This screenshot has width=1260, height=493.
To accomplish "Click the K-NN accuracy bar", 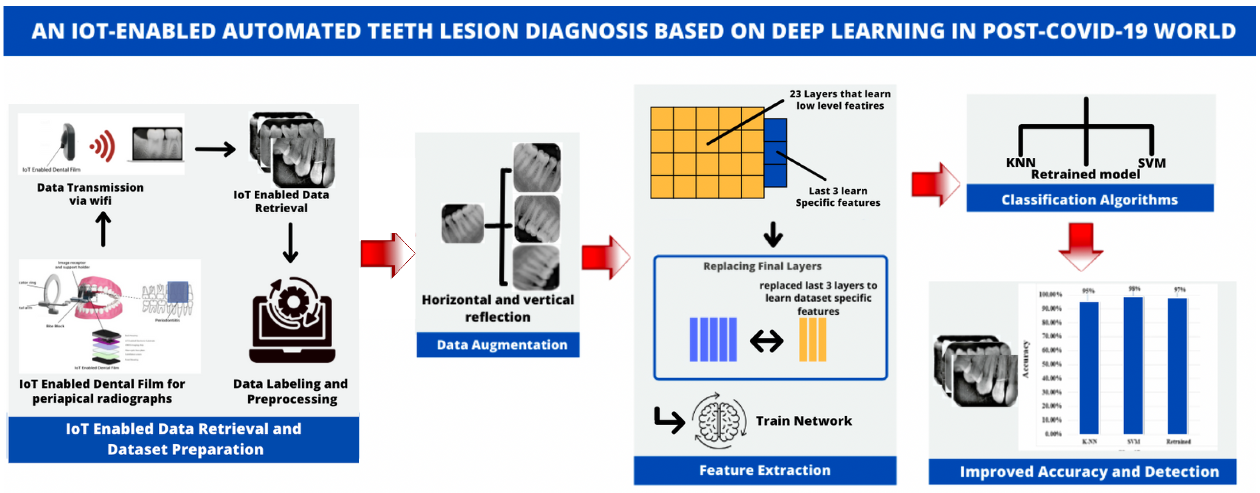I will tap(1089, 367).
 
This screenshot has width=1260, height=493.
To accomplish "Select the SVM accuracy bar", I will tap(1133, 365).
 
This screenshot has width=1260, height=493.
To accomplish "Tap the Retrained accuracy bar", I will tap(1177, 365).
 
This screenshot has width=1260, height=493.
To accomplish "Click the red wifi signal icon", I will tap(103, 146).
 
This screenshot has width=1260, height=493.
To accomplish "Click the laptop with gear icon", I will tap(292, 321).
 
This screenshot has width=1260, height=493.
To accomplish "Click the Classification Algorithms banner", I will tap(1089, 199).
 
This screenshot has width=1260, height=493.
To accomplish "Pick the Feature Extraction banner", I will tap(765, 470).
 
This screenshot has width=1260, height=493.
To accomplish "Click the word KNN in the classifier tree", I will tap(1020, 162).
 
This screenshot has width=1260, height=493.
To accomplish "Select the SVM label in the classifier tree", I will tap(1152, 162).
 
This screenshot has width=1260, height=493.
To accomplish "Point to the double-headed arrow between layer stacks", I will tap(767, 341).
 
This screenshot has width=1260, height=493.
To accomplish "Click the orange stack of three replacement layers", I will tap(812, 339).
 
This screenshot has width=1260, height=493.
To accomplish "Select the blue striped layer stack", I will tap(713, 339).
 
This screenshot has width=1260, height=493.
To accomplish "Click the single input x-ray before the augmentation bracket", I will tap(462, 224).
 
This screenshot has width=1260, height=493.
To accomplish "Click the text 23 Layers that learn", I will tap(839, 94).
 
